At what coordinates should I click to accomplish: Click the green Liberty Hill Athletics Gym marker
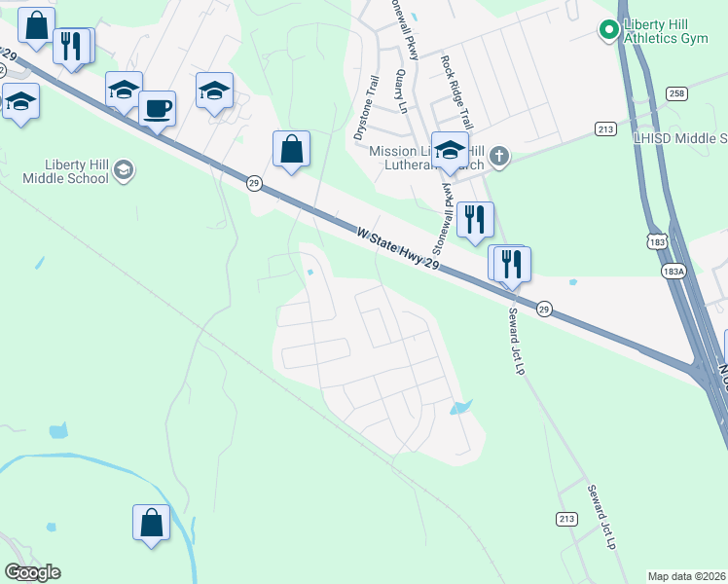click(x=609, y=31)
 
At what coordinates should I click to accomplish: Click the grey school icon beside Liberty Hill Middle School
click(x=124, y=171)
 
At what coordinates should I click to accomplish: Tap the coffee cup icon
click(x=156, y=108)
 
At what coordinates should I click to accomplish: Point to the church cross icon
click(x=499, y=156)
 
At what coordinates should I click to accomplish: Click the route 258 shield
click(x=677, y=92)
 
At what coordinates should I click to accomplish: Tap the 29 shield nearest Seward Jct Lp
click(x=545, y=308)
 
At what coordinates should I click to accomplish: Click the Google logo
click(x=32, y=572)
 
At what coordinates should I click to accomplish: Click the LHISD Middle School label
click(x=680, y=139)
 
